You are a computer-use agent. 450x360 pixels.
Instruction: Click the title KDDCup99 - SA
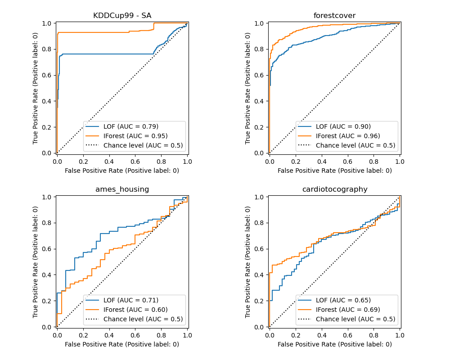pyautogui.click(x=122, y=16)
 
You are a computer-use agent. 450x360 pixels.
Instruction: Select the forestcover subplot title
pyautogui.click(x=334, y=16)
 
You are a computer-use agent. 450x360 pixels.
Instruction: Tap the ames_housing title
pyautogui.click(x=122, y=189)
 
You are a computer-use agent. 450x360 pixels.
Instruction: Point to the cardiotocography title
pyautogui.click(x=334, y=189)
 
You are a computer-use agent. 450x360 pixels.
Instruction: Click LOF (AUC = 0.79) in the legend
pyautogui.click(x=130, y=126)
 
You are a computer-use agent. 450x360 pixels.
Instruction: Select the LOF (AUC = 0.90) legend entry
pyautogui.click(x=343, y=126)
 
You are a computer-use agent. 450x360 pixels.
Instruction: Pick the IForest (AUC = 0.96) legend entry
pyautogui.click(x=348, y=136)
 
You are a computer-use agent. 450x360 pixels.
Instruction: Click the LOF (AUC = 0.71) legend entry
pyautogui.click(x=130, y=300)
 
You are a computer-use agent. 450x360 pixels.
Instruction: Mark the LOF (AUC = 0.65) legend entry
pyautogui.click(x=343, y=300)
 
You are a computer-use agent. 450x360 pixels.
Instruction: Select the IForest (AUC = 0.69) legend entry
pyautogui.click(x=348, y=310)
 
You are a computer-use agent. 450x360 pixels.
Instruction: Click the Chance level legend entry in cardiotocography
pyautogui.click(x=355, y=319)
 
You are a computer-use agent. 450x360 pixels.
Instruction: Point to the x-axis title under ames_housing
pyautogui.click(x=122, y=344)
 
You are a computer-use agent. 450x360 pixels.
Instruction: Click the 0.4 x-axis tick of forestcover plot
pyautogui.click(x=321, y=161)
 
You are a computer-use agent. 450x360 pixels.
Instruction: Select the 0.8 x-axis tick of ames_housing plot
pyautogui.click(x=161, y=335)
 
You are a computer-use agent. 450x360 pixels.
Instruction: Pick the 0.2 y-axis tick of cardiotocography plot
pyautogui.click(x=260, y=301)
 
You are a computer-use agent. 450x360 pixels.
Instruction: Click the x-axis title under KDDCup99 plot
pyautogui.click(x=122, y=171)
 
